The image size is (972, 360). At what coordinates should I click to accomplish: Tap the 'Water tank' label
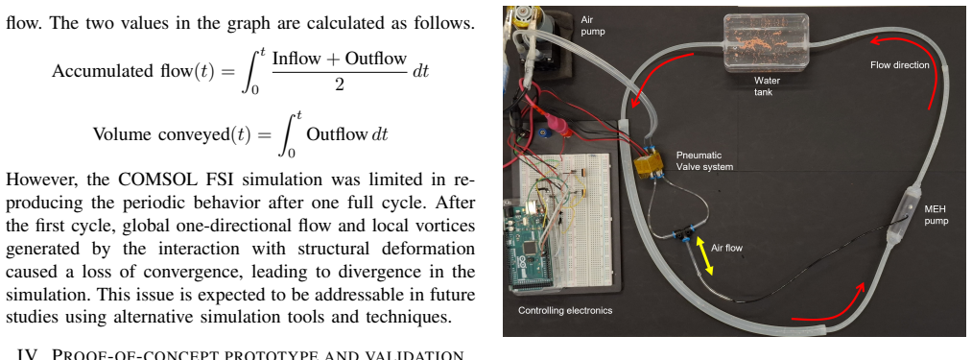click(767, 85)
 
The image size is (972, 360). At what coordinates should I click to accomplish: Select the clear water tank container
click(766, 41)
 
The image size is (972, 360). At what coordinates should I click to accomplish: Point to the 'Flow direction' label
click(899, 64)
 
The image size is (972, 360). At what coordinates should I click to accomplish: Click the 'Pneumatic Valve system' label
click(704, 160)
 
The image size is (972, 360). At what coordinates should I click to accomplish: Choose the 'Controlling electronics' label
click(565, 310)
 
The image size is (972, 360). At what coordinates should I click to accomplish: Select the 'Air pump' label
click(592, 26)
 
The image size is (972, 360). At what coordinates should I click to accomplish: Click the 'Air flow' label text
click(726, 248)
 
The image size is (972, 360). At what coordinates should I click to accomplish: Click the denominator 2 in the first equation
click(339, 84)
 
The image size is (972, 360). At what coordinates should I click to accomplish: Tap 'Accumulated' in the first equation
click(102, 71)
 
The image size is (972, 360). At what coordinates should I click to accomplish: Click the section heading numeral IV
click(29, 355)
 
